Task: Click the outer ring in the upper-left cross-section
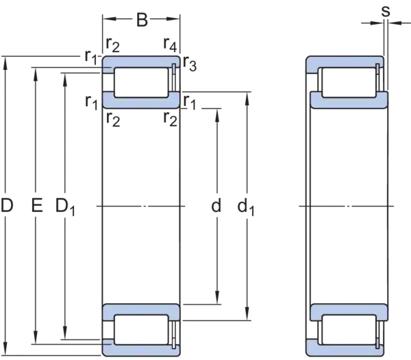pos(140,62)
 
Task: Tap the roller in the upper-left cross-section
pos(140,81)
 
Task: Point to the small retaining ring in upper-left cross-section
pos(175,67)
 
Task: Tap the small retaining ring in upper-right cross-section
pos(379,67)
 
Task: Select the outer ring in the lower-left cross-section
pos(140,350)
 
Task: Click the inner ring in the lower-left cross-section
pos(140,310)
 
